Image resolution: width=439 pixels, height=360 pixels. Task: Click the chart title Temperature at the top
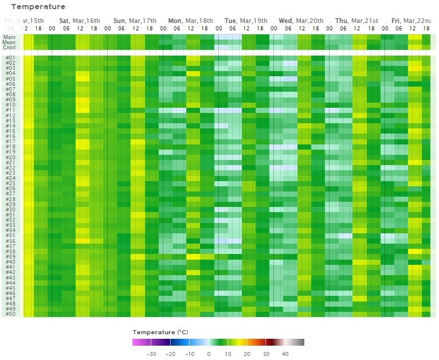[x=38, y=7]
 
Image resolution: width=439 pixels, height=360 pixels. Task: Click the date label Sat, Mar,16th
[x=80, y=21]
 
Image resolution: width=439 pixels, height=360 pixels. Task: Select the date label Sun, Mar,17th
[x=135, y=21]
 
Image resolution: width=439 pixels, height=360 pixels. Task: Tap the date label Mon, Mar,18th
[x=191, y=21]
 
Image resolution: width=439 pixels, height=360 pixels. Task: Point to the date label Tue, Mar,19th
[x=246, y=21]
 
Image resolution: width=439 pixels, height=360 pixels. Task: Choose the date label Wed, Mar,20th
[x=301, y=21]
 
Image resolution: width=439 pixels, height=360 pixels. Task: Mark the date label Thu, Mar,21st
[x=356, y=21]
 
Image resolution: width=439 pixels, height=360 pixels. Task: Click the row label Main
[x=9, y=37]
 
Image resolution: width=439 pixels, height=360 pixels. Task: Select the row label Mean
[x=9, y=42]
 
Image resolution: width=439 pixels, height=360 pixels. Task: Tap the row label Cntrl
[x=9, y=47]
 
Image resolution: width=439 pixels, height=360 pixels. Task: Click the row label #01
[x=10, y=58]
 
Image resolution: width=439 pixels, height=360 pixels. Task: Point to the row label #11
[x=10, y=110]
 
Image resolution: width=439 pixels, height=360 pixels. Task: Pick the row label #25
[x=10, y=183]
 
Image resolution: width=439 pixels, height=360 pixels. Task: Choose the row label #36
[x=10, y=241]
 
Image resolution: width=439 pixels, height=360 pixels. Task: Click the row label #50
[x=10, y=314]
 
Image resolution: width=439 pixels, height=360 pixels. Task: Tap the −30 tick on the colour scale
[x=151, y=354]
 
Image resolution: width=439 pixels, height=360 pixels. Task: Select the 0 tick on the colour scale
[x=209, y=354]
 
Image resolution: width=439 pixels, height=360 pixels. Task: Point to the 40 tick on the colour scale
[x=285, y=354]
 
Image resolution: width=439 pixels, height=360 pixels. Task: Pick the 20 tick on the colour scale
[x=246, y=354]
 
